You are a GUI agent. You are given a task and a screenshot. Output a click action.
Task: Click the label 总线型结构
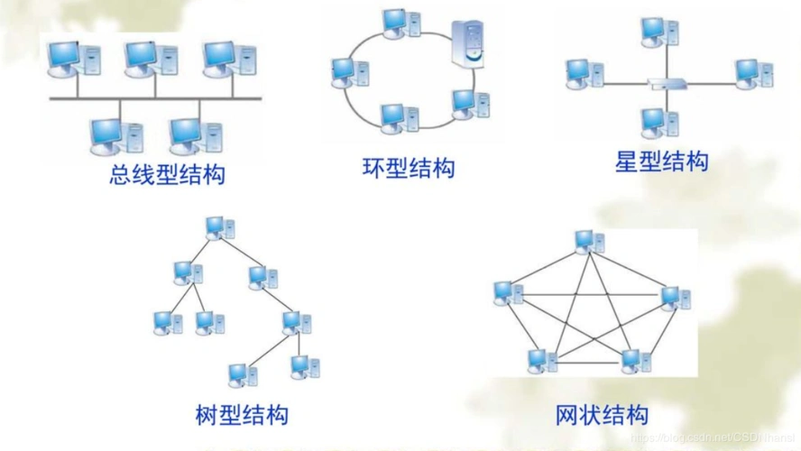pyautogui.click(x=167, y=173)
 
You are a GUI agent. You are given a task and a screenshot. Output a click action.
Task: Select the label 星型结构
pyautogui.click(x=661, y=161)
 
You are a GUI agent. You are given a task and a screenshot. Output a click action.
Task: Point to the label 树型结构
pyautogui.click(x=242, y=415)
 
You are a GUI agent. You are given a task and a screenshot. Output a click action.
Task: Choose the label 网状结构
pyautogui.click(x=602, y=415)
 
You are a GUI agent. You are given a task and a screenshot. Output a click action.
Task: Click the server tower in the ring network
pyautogui.click(x=469, y=43)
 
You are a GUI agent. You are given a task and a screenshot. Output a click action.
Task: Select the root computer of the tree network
pyautogui.click(x=217, y=226)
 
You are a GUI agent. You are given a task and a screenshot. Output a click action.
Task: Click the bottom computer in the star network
pyautogui.click(x=656, y=122)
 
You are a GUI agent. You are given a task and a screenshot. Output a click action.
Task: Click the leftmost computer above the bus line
pyautogui.click(x=69, y=58)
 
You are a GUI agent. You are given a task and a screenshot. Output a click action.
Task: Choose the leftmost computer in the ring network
pyautogui.click(x=346, y=72)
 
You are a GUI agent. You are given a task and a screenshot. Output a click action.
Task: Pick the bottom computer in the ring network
pyautogui.click(x=397, y=118)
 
